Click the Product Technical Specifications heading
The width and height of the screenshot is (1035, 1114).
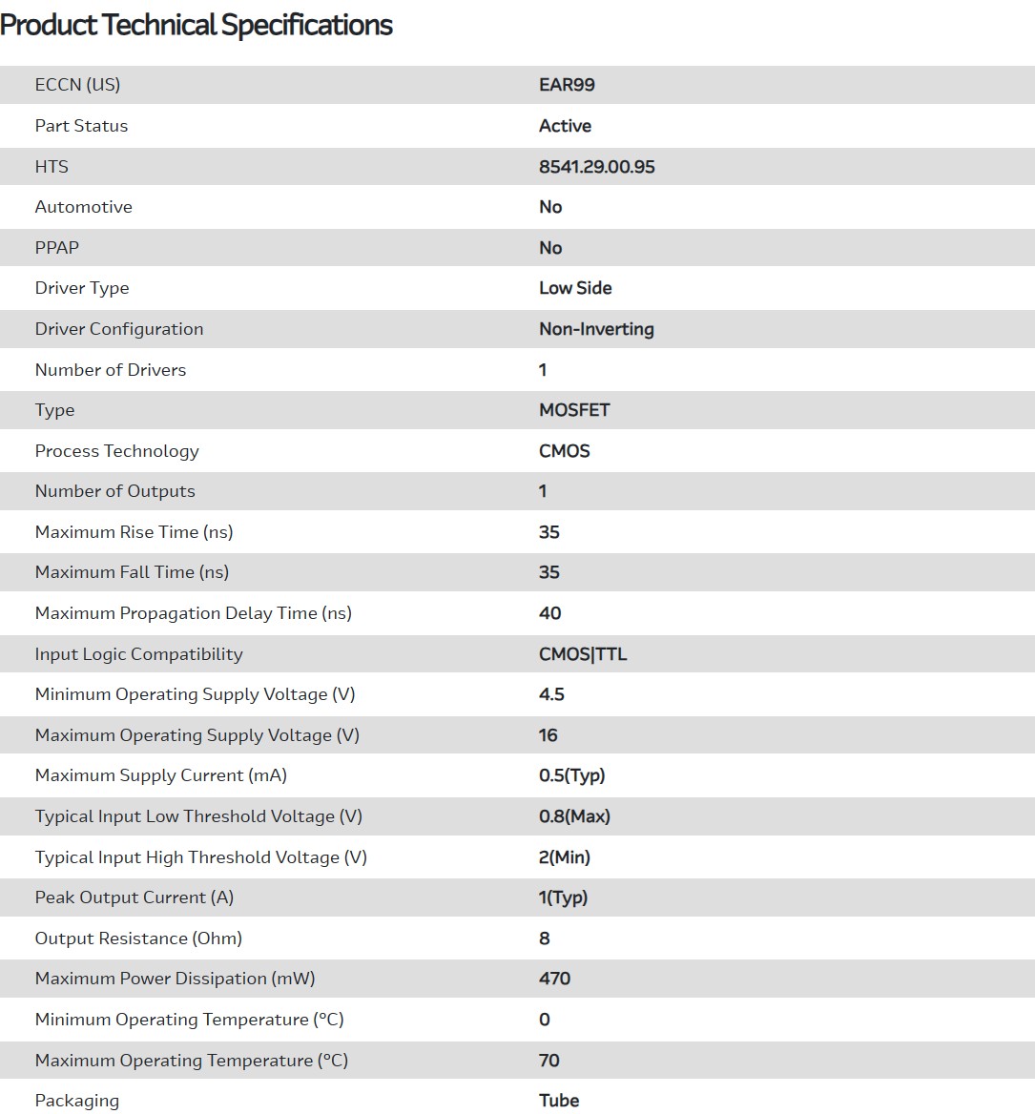coord(197,26)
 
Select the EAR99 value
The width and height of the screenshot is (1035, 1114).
coord(567,85)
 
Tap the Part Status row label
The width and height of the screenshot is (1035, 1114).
coord(81,126)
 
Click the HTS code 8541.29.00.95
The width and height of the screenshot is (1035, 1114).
coord(596,167)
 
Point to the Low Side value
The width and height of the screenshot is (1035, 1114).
coord(575,288)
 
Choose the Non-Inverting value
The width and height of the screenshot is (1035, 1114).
coord(596,329)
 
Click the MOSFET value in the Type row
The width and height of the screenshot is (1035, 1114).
coord(574,410)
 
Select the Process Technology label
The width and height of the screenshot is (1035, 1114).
coord(116,451)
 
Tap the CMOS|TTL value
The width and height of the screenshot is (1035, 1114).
coord(583,654)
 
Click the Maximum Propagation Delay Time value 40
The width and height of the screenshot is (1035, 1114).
coord(549,613)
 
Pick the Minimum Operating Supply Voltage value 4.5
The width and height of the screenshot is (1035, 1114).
coord(551,694)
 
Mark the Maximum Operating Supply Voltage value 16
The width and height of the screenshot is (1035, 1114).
coord(548,735)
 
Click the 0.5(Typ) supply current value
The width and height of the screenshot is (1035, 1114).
coord(571,775)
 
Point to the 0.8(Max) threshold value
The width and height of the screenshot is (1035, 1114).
coord(574,816)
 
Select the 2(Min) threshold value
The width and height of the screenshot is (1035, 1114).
coord(564,857)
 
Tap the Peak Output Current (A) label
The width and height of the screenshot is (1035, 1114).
coord(134,897)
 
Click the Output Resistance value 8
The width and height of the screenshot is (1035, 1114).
coord(544,939)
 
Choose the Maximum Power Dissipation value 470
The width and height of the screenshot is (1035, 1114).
coord(554,979)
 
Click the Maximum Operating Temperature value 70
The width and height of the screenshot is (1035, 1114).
coord(549,1061)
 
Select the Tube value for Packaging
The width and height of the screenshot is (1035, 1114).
coord(559,1101)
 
